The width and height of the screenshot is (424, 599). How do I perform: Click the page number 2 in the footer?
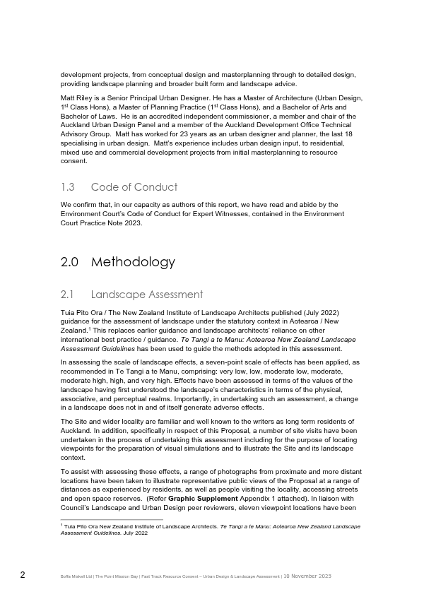pyautogui.click(x=23, y=575)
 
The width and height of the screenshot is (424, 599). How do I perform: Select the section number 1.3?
pyautogui.click(x=68, y=187)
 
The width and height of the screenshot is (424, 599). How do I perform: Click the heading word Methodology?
pyautogui.click(x=134, y=262)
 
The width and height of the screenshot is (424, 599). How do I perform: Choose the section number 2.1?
pyautogui.click(x=68, y=295)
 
